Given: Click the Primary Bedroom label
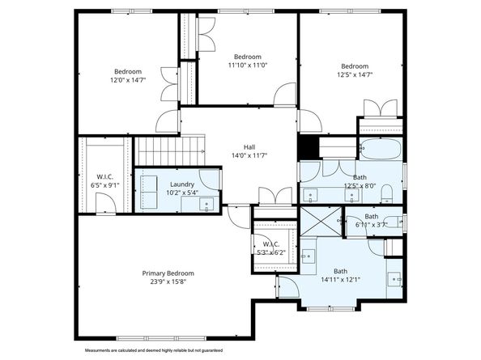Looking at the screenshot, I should click(x=168, y=273).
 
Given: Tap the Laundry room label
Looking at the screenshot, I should click(x=182, y=184).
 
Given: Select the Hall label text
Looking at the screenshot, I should click(x=238, y=146).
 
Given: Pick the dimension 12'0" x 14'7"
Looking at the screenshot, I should click(x=128, y=79).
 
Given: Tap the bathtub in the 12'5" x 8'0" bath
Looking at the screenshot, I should click(x=380, y=150).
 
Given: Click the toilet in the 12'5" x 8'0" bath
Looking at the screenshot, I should click(x=387, y=192).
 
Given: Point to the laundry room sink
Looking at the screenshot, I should click(x=207, y=203).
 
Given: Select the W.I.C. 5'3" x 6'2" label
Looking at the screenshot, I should click(x=270, y=248).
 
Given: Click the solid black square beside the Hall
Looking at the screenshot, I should click(x=307, y=147).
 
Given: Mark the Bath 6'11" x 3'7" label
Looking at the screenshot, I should click(x=370, y=220).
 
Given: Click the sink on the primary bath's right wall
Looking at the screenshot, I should click(x=396, y=279).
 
